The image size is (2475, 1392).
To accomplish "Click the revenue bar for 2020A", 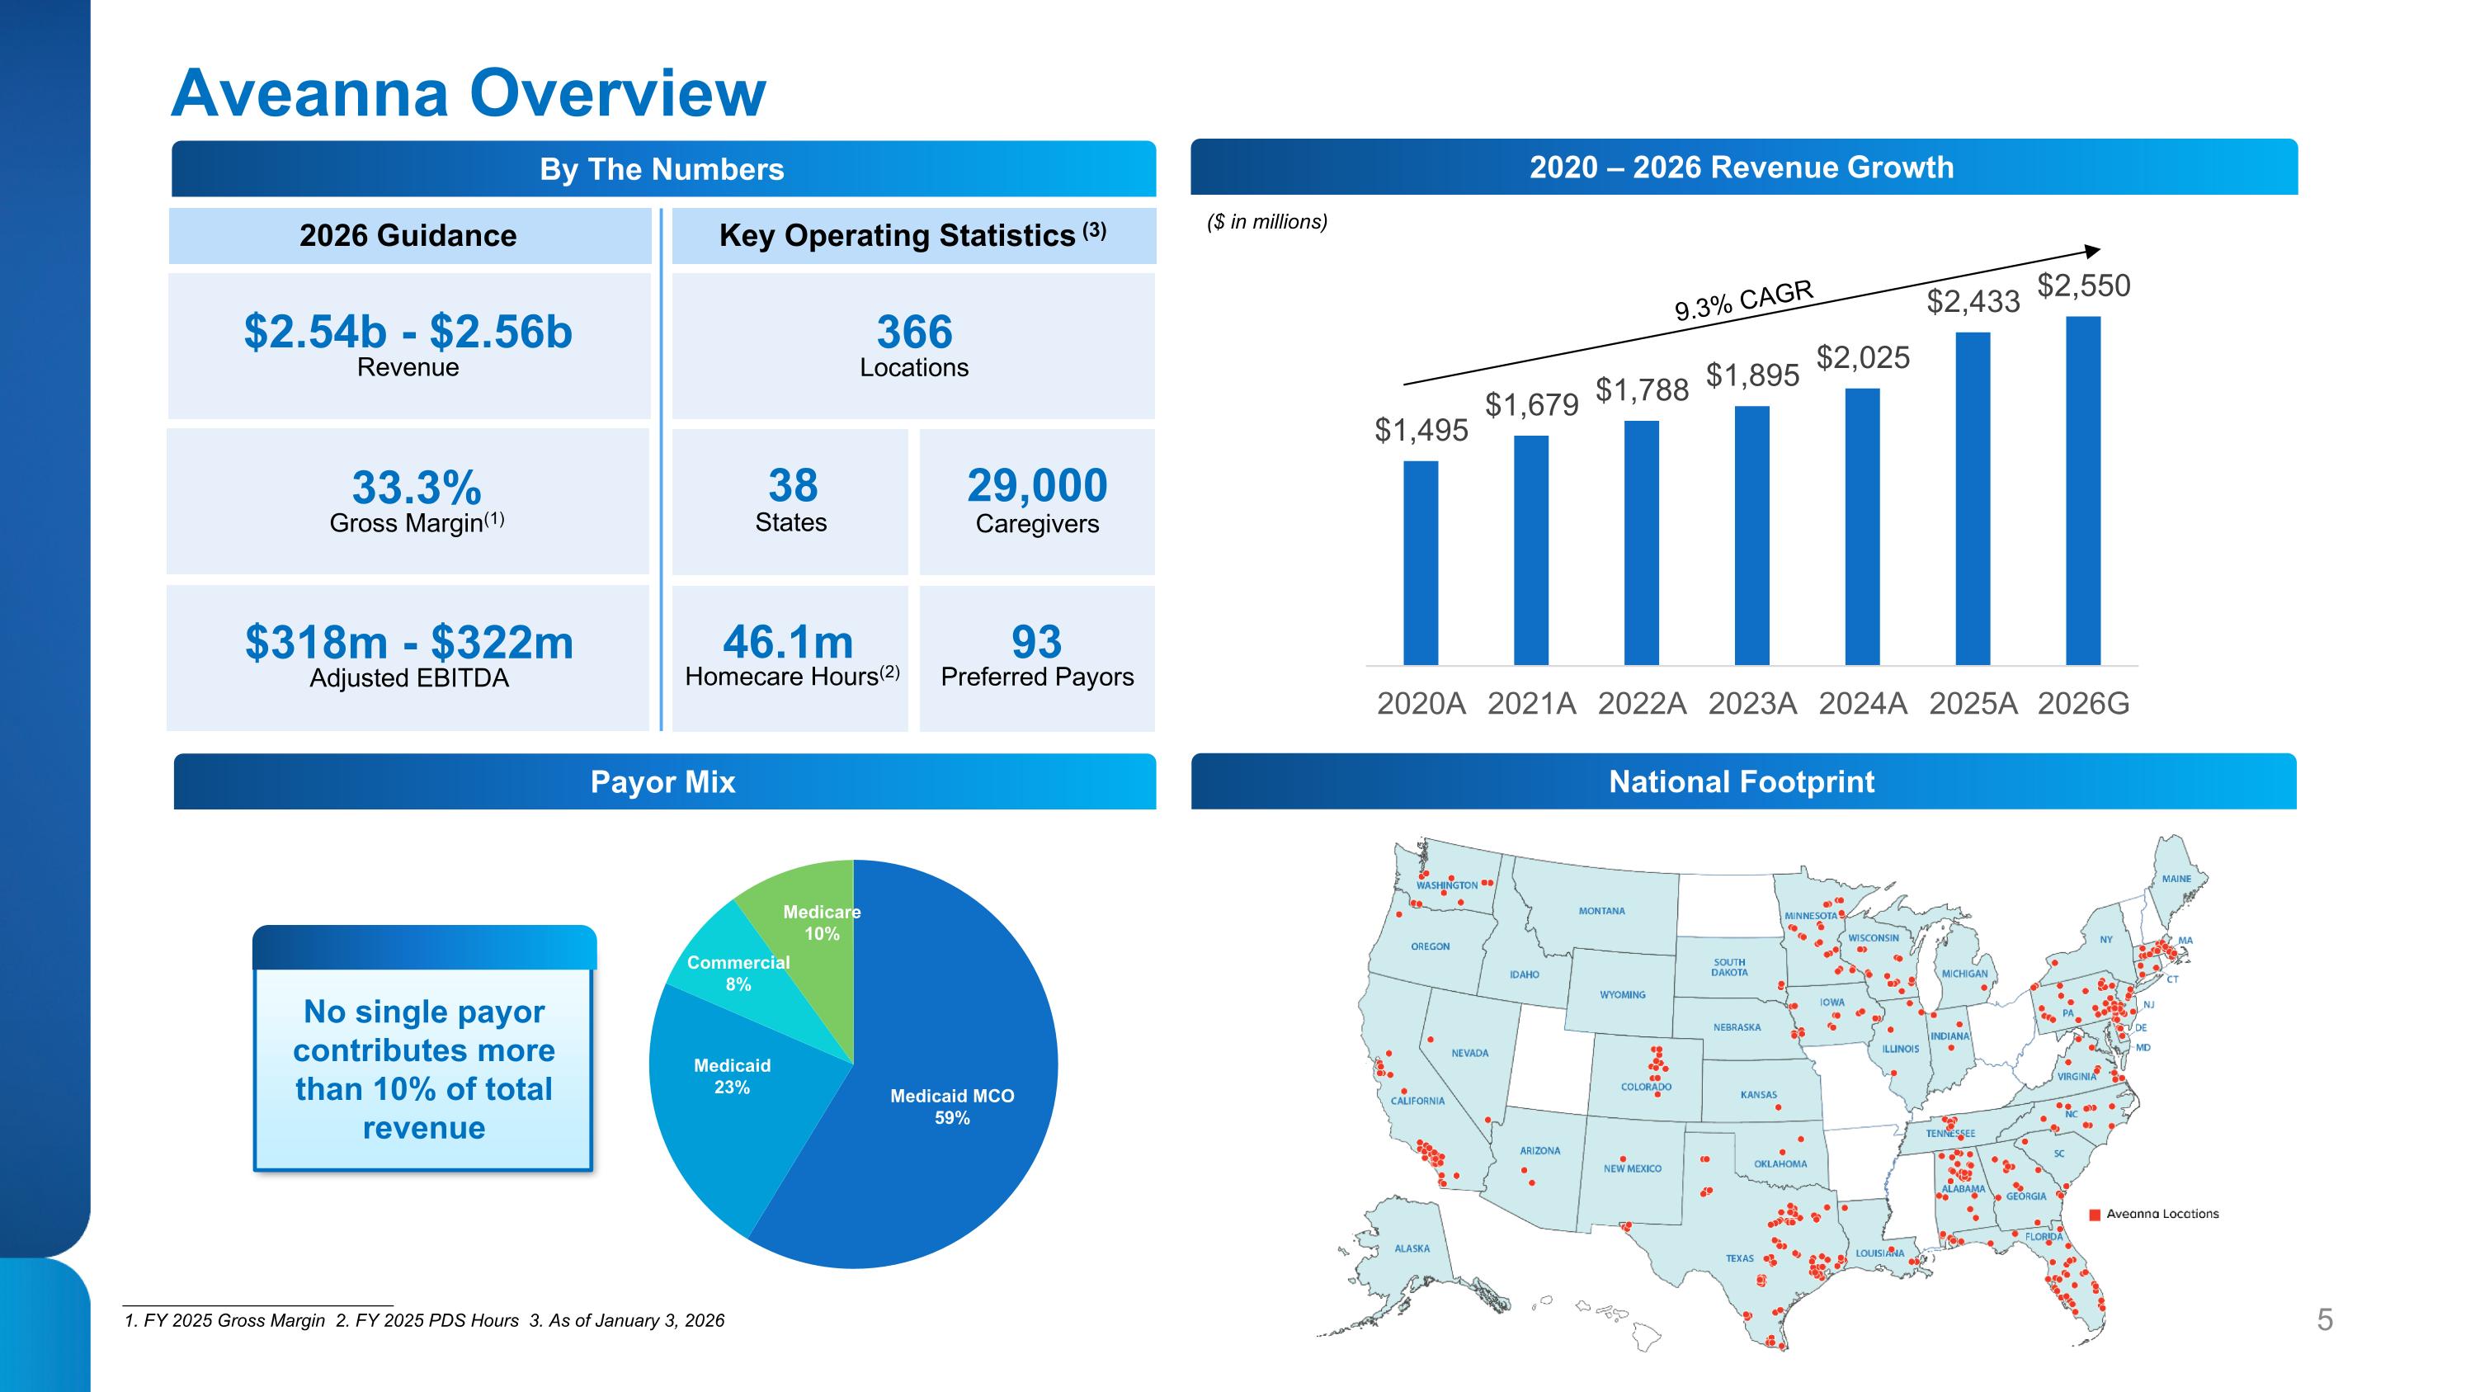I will [1420, 563].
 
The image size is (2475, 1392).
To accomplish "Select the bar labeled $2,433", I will [1973, 498].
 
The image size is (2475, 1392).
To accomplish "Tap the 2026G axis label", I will [2083, 704].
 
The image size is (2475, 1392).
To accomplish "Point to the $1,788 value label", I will [1642, 390].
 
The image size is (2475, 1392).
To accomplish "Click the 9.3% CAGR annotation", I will [1743, 300].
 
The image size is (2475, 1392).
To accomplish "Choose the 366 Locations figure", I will [914, 333].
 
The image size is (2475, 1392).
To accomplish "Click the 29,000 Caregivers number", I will [1037, 486].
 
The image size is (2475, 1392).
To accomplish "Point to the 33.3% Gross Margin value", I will [416, 488].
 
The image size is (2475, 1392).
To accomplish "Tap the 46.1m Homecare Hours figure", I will [788, 642].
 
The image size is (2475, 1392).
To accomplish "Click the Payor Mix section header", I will [664, 782].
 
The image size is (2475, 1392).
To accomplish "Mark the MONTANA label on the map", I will [1601, 911].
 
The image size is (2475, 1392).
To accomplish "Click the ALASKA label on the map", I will [1412, 1249].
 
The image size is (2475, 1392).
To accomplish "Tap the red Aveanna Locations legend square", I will [2095, 1215].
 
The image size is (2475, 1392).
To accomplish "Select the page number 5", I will [2324, 1320].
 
